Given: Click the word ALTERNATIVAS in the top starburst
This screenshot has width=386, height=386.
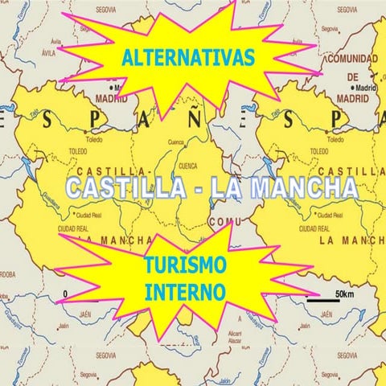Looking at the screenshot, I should [x=190, y=57].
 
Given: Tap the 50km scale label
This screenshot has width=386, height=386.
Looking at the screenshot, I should [x=345, y=293].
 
